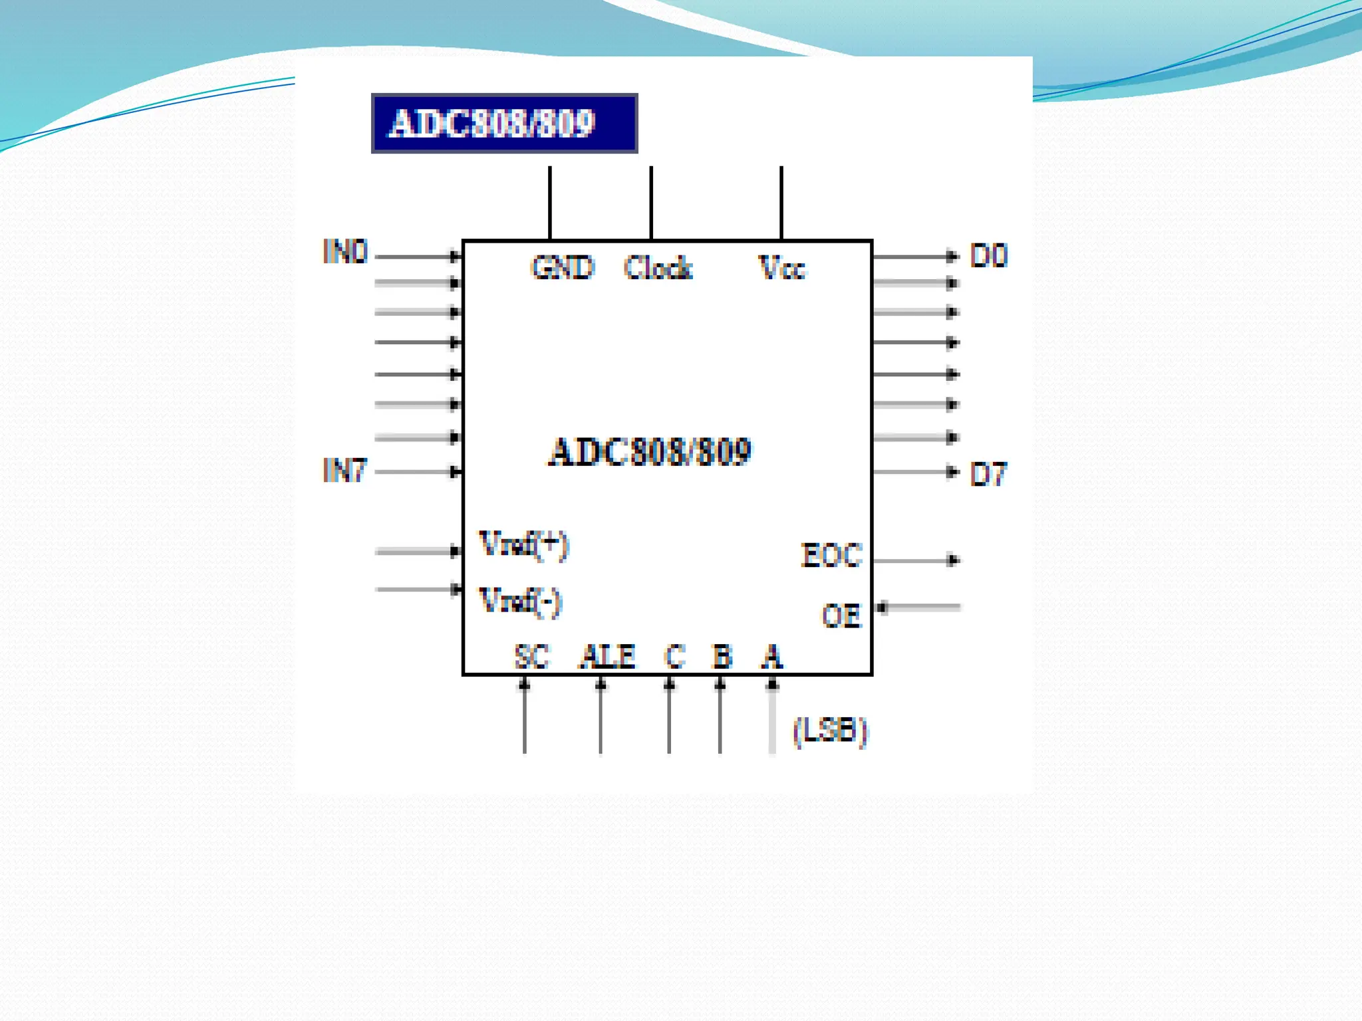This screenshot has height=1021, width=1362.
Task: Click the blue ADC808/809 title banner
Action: pos(504,124)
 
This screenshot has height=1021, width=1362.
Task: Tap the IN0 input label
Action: pos(344,252)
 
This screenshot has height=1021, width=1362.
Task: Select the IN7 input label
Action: pos(344,471)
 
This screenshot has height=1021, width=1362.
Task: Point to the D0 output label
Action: pos(988,256)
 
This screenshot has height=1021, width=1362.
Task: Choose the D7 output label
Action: pos(988,475)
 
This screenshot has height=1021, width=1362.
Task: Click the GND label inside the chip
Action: pos(562,268)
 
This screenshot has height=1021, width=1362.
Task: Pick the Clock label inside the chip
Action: pos(658,268)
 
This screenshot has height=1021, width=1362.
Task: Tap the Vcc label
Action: pos(781,268)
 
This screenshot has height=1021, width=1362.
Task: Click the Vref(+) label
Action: pos(524,545)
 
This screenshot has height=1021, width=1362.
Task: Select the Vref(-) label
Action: pos(521,602)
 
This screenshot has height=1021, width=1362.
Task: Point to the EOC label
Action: pos(831,556)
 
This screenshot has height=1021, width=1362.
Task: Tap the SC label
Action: pos(532,657)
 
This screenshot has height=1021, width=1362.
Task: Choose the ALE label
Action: pos(607,657)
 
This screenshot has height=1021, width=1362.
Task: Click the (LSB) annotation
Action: pos(830,732)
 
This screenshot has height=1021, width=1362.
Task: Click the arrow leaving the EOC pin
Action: pos(916,560)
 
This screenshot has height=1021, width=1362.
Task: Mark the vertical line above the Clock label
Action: pos(651,203)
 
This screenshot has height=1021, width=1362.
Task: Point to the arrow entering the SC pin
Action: pos(525,715)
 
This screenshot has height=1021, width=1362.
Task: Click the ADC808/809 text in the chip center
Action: pos(650,452)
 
